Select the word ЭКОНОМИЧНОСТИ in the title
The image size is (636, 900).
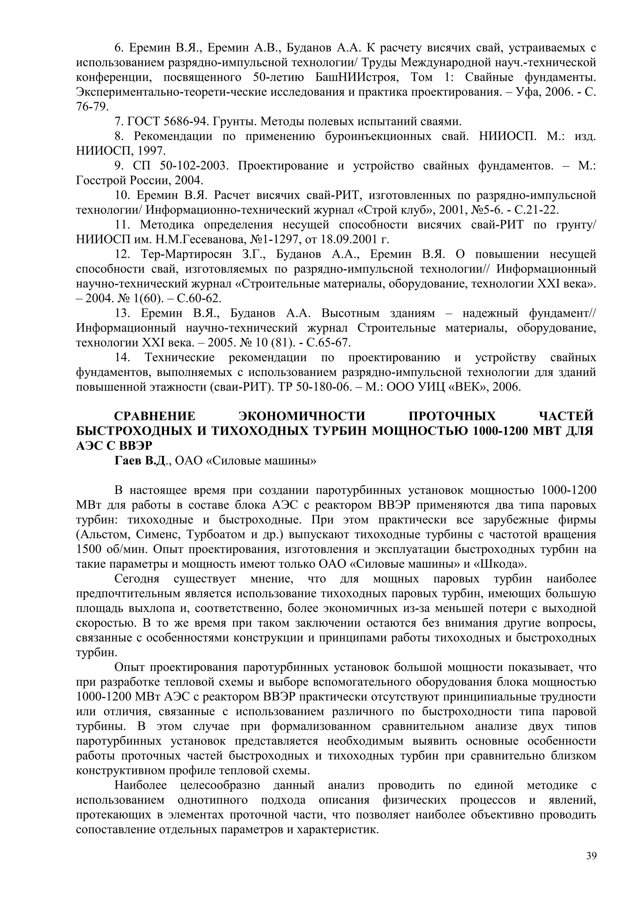point(302,416)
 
